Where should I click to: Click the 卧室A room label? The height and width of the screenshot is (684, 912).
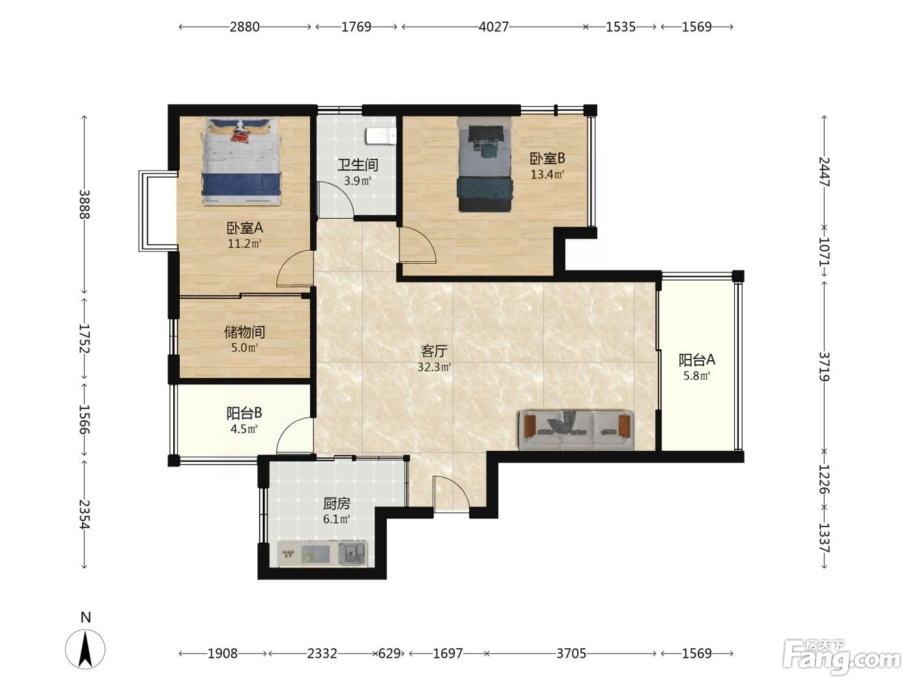coord(244,227)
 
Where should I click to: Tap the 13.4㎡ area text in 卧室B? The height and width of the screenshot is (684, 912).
coord(547,175)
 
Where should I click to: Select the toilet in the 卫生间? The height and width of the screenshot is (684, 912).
coord(380,135)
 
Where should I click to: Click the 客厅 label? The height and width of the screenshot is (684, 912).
coord(434,351)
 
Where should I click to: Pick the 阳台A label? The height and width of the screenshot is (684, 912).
coord(697,360)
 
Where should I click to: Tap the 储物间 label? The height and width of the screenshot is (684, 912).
coord(244,332)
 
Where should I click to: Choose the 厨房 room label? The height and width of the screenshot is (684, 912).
coord(337,504)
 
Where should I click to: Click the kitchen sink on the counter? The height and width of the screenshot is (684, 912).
coord(352,553)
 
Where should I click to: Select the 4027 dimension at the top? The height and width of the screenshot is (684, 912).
coord(493,27)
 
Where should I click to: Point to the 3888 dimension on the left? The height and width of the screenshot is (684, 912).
coord(85,205)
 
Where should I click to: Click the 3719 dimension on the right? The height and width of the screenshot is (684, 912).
coord(824,367)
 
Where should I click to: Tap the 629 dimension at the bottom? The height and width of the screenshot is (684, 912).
coord(389,653)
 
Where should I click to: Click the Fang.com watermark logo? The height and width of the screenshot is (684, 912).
coord(841,657)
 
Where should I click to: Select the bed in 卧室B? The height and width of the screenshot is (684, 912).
coord(485,164)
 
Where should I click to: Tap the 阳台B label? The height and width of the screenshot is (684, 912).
coord(244,413)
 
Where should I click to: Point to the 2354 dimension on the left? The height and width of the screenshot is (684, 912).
coord(85,515)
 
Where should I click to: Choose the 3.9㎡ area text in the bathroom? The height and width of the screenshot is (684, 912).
coord(358,181)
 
